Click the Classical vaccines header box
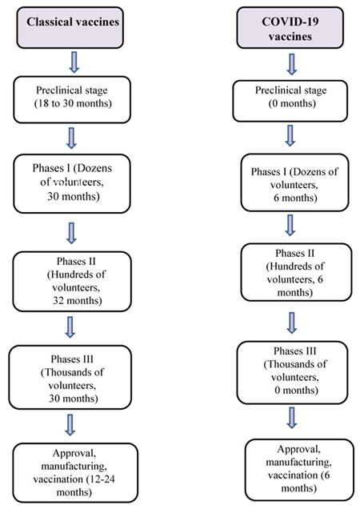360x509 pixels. [x=70, y=27]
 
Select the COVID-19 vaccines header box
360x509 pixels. [x=290, y=27]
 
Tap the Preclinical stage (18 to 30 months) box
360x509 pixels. [x=72, y=100]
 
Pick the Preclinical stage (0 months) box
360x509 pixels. [x=290, y=101]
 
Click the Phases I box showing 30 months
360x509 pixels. [x=72, y=184]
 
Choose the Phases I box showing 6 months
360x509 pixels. [x=294, y=182]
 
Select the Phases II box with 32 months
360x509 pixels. [x=72, y=282]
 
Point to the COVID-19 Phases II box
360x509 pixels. [x=296, y=272]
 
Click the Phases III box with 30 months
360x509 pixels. [x=70, y=377]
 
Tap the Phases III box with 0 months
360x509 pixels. [x=292, y=372]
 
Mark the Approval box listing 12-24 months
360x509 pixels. [x=75, y=472]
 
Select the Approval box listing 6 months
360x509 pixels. [x=299, y=470]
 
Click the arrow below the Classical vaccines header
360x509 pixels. [x=74, y=62]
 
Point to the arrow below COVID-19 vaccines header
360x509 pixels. [x=292, y=64]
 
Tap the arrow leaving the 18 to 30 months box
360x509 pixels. [x=71, y=138]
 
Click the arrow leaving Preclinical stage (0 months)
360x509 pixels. [x=290, y=136]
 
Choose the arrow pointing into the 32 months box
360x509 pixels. [x=71, y=233]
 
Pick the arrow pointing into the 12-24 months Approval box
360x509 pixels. [x=70, y=425]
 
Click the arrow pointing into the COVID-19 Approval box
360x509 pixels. [x=292, y=418]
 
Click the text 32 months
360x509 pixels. [x=78, y=301]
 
